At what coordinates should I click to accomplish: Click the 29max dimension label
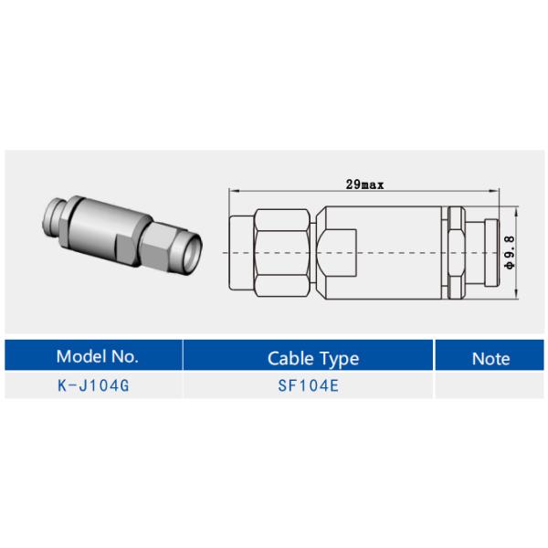(x=364, y=184)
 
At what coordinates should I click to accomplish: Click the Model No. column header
(x=96, y=356)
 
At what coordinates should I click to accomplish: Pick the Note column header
(x=490, y=357)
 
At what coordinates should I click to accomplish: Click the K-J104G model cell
(x=94, y=385)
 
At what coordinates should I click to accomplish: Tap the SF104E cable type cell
(x=309, y=385)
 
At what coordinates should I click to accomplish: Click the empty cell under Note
(x=490, y=385)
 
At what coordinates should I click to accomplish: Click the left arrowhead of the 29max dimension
(x=230, y=190)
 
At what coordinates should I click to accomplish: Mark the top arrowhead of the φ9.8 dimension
(x=518, y=210)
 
